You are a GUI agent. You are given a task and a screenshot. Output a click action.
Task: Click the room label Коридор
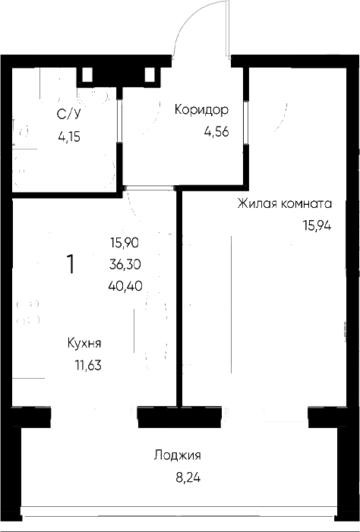click(201, 110)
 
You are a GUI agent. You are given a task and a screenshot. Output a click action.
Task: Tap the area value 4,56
click(216, 131)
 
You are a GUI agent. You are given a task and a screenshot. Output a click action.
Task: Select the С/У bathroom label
click(69, 115)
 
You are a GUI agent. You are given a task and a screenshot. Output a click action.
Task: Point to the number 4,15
click(69, 137)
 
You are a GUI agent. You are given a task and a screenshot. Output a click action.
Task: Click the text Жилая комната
click(285, 204)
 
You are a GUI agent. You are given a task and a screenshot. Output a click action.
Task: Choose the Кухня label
click(84, 343)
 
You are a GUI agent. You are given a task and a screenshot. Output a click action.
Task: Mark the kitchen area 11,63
click(88, 365)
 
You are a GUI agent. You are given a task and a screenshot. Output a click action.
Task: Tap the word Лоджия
click(177, 455)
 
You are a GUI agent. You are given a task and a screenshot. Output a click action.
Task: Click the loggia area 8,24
click(188, 477)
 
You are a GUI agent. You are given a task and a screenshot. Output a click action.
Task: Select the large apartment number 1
click(71, 265)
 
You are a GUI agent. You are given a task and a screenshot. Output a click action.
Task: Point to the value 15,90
click(125, 243)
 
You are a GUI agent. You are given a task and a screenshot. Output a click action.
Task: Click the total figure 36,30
click(125, 263)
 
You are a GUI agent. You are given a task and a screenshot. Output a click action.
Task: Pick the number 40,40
click(125, 285)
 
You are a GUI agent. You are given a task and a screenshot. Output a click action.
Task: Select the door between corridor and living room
click(245, 123)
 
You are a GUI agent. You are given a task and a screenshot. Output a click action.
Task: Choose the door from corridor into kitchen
click(149, 187)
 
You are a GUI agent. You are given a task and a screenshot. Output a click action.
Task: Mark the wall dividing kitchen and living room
click(179, 297)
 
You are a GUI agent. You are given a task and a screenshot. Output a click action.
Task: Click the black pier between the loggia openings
click(179, 417)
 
